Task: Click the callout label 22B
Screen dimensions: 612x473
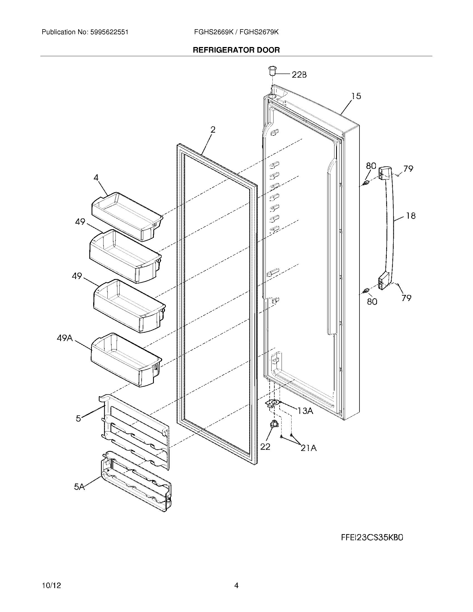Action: tap(299, 75)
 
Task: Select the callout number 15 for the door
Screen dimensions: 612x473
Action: tap(356, 97)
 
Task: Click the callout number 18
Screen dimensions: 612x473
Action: tap(410, 216)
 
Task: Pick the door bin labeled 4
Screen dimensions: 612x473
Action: tap(127, 216)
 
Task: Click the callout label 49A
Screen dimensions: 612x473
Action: tap(65, 338)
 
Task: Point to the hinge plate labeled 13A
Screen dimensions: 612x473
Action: tap(273, 403)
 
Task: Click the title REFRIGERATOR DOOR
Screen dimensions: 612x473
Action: tap(236, 50)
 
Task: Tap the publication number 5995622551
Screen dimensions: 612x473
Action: tap(109, 32)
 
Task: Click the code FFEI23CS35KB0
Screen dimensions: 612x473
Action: tap(372, 538)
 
